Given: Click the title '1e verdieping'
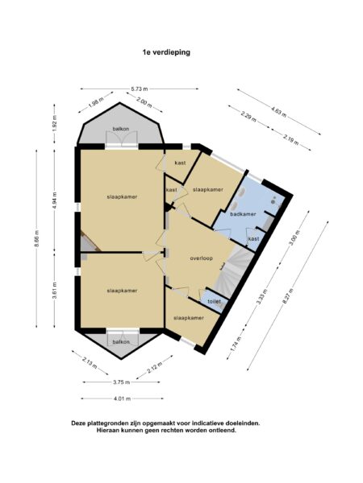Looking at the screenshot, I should click(166, 51).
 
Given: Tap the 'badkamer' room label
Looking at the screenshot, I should click(243, 214).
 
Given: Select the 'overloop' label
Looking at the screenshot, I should click(201, 259).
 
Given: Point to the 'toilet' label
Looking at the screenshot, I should click(214, 302).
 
